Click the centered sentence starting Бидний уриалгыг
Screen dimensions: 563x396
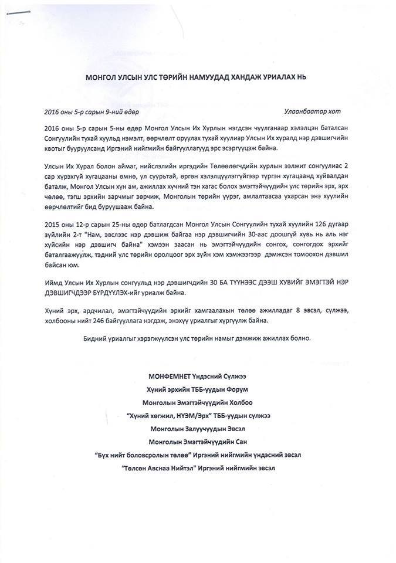point(197,339)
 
